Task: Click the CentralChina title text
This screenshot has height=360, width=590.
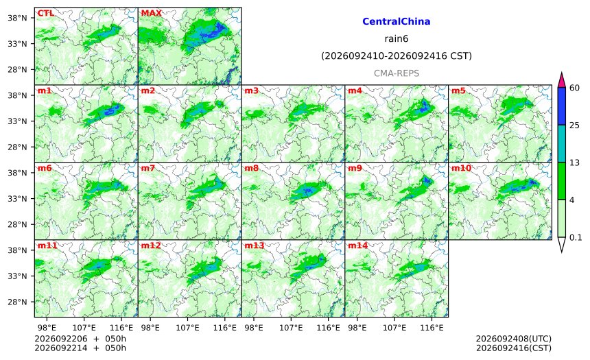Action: [397, 21]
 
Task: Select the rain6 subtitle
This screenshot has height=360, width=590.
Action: [397, 39]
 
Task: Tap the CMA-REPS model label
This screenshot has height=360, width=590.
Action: [397, 73]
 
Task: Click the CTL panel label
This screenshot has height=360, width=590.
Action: [45, 13]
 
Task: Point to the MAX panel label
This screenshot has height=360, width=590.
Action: [151, 13]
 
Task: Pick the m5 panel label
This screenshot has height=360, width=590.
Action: [458, 91]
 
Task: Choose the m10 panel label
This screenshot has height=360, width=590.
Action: [461, 168]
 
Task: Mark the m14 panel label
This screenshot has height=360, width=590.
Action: [357, 245]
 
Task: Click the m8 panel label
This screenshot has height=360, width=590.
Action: [252, 168]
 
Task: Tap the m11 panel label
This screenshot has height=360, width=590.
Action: [47, 245]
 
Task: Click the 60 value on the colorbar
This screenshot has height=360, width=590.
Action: [575, 88]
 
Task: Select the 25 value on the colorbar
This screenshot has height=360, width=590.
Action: [575, 125]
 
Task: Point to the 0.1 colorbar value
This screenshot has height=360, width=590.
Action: [576, 238]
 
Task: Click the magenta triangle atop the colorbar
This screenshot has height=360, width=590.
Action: [562, 81]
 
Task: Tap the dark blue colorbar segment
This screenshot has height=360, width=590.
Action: [562, 106]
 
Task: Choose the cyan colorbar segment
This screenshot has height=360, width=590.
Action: [562, 143]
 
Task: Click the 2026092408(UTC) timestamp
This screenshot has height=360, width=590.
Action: [514, 339]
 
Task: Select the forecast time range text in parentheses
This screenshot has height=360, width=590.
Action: [397, 56]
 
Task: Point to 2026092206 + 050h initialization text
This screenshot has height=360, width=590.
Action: [80, 339]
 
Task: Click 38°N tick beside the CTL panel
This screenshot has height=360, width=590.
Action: [17, 18]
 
